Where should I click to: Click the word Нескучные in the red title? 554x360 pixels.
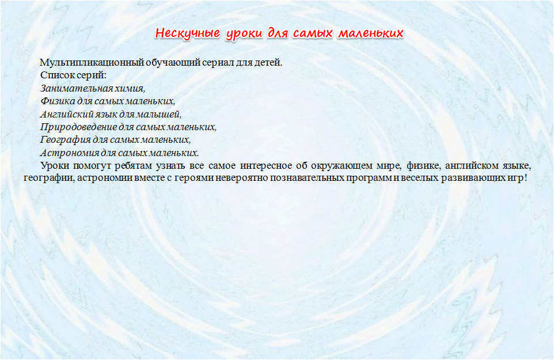click(x=188, y=33)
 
